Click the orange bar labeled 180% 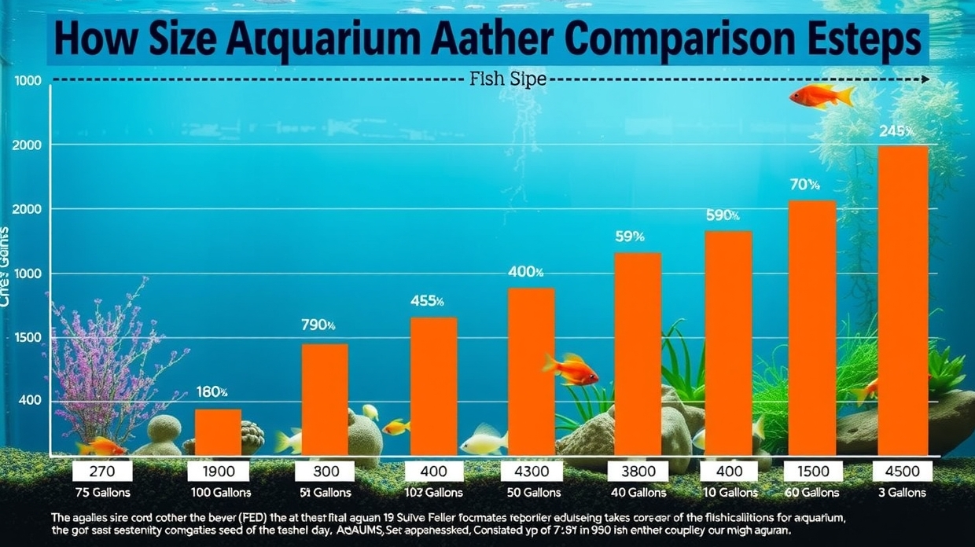(x=218, y=431)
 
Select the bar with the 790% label (x=325, y=399)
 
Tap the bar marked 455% (x=433, y=386)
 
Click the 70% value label (x=804, y=185)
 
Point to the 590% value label (x=723, y=215)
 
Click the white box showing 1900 (x=219, y=472)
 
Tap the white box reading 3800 (x=638, y=472)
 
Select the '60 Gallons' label (x=812, y=493)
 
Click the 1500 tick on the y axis (x=29, y=337)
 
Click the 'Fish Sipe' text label (x=507, y=79)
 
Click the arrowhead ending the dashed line (x=926, y=79)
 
